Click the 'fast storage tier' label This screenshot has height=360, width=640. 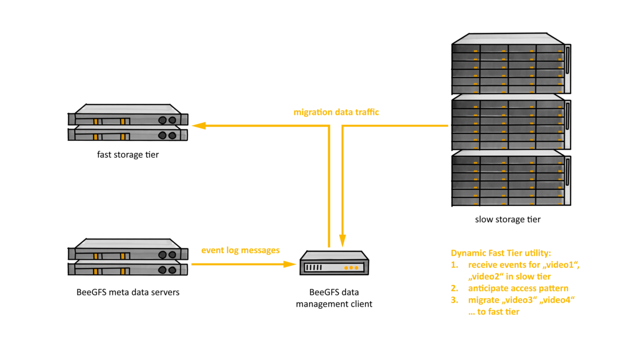pos(127,155)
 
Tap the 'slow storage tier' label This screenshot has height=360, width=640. pos(507,219)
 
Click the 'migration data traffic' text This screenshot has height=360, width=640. pos(336,113)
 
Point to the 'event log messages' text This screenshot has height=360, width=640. pos(240,250)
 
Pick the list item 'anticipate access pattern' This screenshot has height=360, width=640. pos(518,289)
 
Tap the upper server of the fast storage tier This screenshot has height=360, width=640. pos(128,118)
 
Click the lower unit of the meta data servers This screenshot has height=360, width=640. pos(128,269)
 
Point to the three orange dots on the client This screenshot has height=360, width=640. pos(351,267)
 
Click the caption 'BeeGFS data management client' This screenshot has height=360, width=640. pos(334,298)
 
